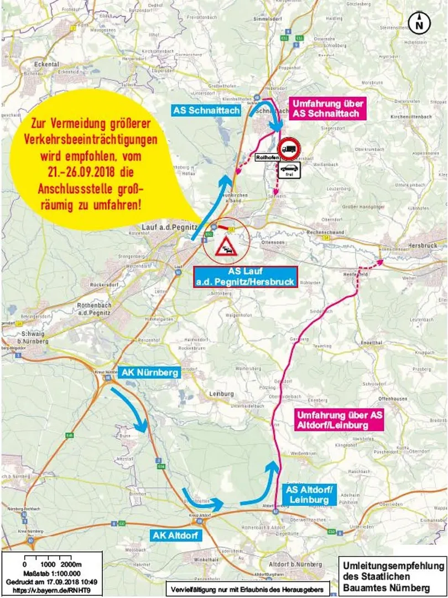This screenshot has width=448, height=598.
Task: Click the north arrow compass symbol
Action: (x=419, y=23)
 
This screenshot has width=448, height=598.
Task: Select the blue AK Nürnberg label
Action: (x=150, y=373)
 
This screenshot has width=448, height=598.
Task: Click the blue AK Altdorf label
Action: (x=175, y=535)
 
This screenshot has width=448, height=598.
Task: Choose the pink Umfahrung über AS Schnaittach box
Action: (x=326, y=109)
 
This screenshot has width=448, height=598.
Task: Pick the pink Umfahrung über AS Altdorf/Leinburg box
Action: (x=339, y=420)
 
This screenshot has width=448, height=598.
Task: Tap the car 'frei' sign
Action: (x=289, y=171)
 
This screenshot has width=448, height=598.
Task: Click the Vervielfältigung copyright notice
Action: (x=246, y=588)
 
